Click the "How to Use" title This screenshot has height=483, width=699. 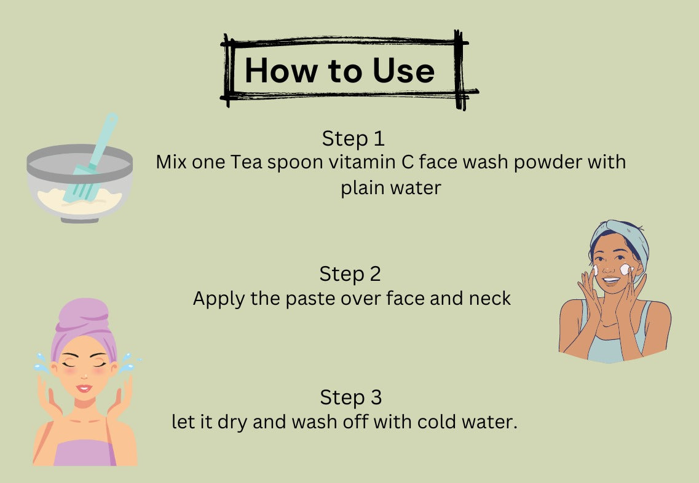click(x=339, y=71)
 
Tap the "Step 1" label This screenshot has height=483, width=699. click(x=353, y=138)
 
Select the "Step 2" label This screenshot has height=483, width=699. click(x=350, y=274)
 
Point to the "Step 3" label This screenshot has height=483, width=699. click(x=350, y=398)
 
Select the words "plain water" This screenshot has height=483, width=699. click(x=391, y=187)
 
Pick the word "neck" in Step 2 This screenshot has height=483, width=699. click(x=489, y=299)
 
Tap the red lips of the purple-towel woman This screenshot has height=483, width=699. click(x=84, y=388)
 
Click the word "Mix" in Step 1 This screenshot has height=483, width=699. click(x=170, y=163)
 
